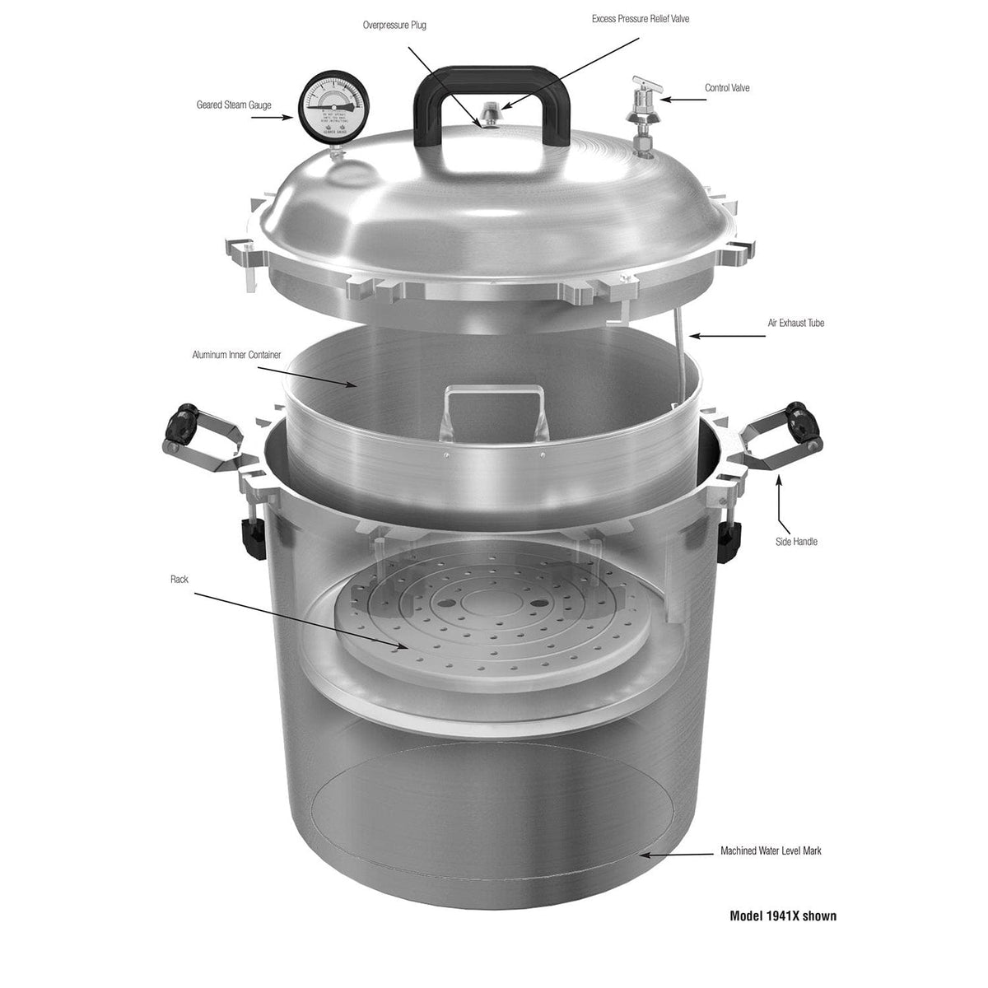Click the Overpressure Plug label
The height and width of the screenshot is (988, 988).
[x=394, y=26]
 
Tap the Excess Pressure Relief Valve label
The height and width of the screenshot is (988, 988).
[x=640, y=19]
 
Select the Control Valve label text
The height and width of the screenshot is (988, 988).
[x=726, y=88]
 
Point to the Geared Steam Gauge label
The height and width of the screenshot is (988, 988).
[x=233, y=105]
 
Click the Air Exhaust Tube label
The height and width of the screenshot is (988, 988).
[x=795, y=324]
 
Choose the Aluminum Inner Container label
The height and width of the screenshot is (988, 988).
[x=236, y=355]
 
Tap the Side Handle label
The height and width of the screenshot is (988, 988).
[x=796, y=542]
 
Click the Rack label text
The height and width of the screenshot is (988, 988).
[x=179, y=580]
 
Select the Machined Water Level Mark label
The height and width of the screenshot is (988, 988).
[x=771, y=851]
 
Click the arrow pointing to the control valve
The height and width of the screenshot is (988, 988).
[x=684, y=100]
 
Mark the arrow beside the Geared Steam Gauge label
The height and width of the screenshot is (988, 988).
[x=273, y=118]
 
